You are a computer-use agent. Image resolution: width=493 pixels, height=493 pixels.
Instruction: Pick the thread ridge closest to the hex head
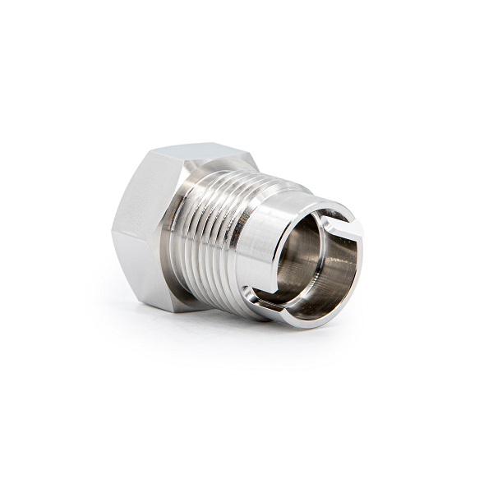coord(186,238)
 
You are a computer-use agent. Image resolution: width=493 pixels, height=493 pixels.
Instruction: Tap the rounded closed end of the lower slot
coord(249,289)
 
